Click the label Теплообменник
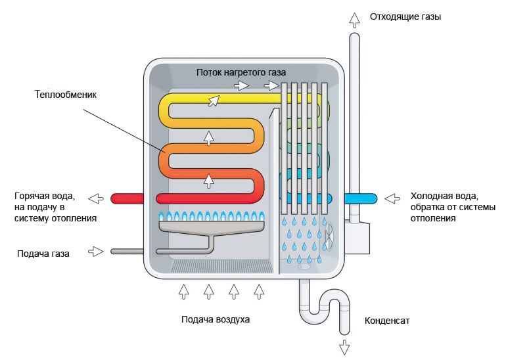click(x=66, y=95)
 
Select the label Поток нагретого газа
click(x=241, y=71)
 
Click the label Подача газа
click(x=45, y=252)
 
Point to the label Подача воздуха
click(x=216, y=320)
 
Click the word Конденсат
click(x=387, y=321)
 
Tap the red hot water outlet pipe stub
click(x=131, y=198)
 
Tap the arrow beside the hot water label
click(x=96, y=198)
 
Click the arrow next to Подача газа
click(x=96, y=251)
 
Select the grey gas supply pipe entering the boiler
click(x=128, y=251)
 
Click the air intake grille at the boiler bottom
click(x=221, y=265)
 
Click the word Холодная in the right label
click(x=431, y=195)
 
